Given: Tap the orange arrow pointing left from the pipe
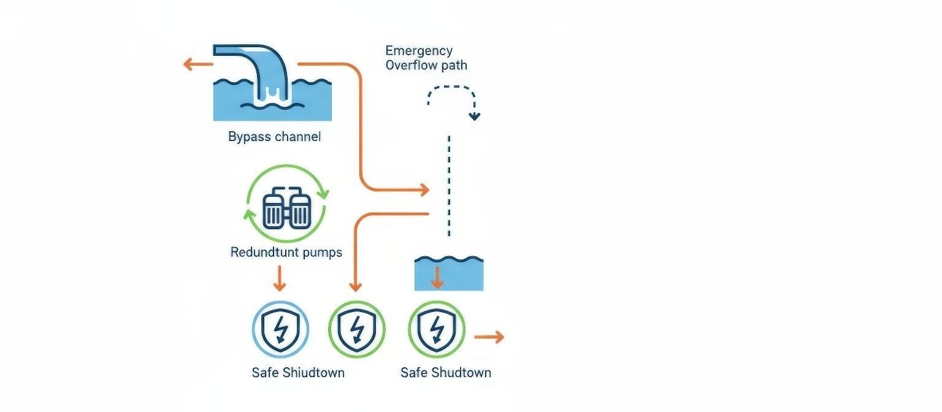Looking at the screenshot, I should click(x=197, y=64).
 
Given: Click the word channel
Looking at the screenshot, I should click(x=297, y=137).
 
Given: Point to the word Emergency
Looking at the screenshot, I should click(x=419, y=51).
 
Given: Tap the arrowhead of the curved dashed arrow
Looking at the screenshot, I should click(x=475, y=116).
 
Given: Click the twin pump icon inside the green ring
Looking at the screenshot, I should click(x=286, y=210).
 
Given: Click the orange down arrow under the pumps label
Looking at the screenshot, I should click(x=279, y=279).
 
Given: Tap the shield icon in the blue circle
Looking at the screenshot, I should click(x=280, y=329).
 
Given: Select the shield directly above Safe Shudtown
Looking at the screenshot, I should click(x=437, y=329).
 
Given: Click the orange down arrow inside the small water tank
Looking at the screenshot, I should click(x=437, y=278).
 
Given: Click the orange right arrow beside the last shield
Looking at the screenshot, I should click(x=489, y=337).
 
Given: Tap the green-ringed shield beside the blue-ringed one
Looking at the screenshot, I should click(x=356, y=329).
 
